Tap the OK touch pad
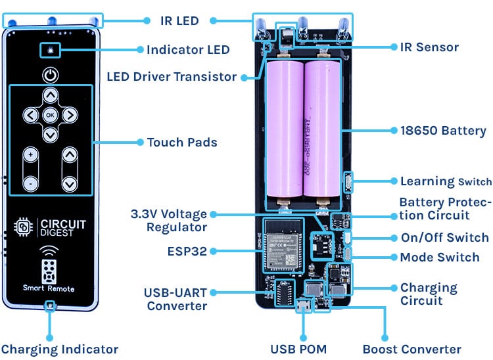pos(51,115)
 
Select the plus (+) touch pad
pos(31,156)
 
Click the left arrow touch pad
pos(30,115)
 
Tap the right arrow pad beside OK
pos(70,115)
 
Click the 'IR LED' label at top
pos(179,20)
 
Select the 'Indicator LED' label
pos(188,49)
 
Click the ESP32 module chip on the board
pos(282,244)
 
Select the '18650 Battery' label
pos(444,131)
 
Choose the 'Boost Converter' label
pos(411,349)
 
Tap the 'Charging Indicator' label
pos(59,349)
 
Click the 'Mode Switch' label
pos(440,257)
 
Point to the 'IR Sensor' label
pos(429,47)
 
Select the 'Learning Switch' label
pos(446,181)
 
